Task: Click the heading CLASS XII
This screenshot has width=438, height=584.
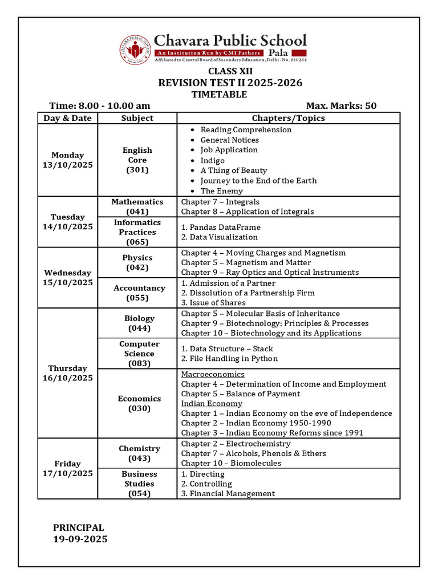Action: point(230,71)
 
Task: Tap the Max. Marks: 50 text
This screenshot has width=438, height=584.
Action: point(341,106)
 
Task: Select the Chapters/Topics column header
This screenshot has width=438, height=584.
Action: point(289,118)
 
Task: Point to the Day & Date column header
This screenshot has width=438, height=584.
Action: point(67,118)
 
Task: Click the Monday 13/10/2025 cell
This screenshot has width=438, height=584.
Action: point(67,160)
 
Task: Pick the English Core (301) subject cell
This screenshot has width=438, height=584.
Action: point(137,160)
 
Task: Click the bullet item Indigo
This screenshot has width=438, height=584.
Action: point(213,160)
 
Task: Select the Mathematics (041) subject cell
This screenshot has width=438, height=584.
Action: point(137,206)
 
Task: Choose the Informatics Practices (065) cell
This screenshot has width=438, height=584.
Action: point(137,232)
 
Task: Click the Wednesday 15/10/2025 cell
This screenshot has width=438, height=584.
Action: point(67,278)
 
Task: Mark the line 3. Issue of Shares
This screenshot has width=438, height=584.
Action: point(213,303)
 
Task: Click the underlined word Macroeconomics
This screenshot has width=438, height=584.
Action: point(213,374)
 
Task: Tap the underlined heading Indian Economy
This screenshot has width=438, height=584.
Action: point(204,403)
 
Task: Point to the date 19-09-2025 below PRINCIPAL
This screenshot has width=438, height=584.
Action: point(80,539)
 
